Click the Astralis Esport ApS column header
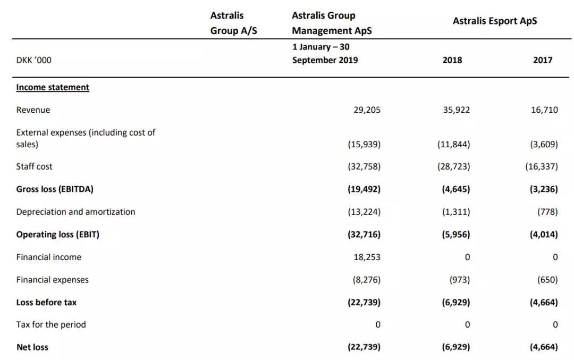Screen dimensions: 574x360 point(495,21)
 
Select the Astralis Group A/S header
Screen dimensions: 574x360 point(233,23)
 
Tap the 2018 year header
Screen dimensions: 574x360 point(452,60)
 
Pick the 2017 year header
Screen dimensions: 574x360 point(543,60)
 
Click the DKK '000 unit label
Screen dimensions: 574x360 point(33,60)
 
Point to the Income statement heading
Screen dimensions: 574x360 point(53,87)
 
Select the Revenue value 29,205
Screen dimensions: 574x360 point(367,110)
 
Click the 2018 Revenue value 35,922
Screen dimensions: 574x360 point(456,110)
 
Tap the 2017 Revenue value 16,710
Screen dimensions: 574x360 point(544,110)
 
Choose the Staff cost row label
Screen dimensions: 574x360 point(34,166)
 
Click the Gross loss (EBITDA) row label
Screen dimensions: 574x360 point(55,189)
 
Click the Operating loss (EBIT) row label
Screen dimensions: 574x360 point(58,235)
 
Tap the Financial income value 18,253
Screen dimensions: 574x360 point(367,257)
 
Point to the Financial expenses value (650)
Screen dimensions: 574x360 point(547,280)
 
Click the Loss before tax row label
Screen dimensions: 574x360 point(46,303)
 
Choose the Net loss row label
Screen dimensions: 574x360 point(32,347)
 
